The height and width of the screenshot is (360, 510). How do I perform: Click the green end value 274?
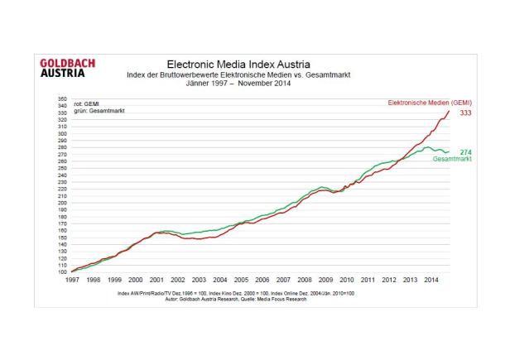click(x=465, y=152)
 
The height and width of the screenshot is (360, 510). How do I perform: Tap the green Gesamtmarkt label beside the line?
click(x=452, y=159)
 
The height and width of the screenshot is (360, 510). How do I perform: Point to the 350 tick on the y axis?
click(x=62, y=99)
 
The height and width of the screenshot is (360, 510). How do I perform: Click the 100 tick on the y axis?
click(x=62, y=271)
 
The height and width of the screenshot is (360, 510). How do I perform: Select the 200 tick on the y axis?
click(x=62, y=203)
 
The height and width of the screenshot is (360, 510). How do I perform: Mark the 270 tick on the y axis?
click(x=62, y=155)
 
